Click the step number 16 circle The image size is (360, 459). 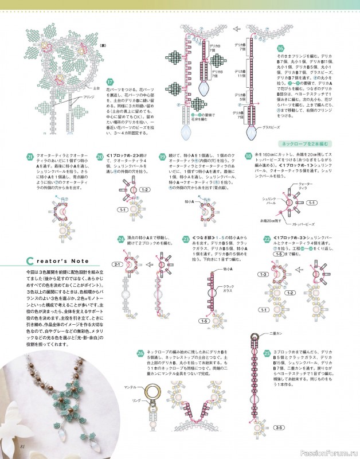[280, 48]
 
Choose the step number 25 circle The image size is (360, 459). [267, 352]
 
